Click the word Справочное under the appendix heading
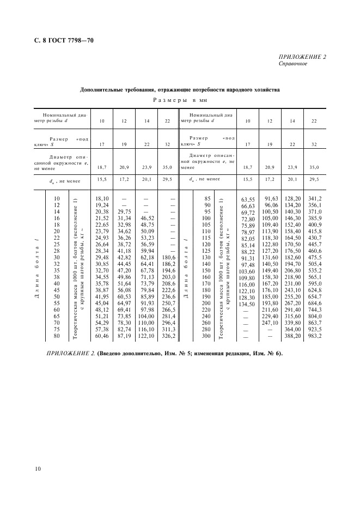tap(294, 63)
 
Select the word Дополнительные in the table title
tap(103, 89)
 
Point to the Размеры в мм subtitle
tap(180, 100)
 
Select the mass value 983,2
tap(315, 336)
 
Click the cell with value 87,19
tap(124, 336)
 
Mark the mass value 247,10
tap(269, 323)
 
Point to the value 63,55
tap(248, 200)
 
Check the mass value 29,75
tap(124, 211)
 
